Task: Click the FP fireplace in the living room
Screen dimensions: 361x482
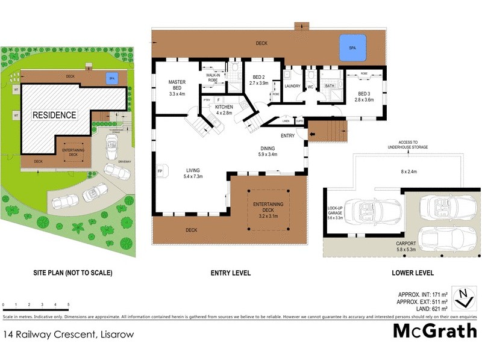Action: point(160,171)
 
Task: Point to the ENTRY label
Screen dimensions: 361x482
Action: point(287,135)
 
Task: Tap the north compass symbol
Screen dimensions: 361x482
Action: point(463,296)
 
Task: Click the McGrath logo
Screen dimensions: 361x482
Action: point(434,332)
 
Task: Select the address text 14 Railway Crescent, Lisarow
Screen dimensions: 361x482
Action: point(68,334)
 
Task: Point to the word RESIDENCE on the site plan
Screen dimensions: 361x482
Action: point(54,115)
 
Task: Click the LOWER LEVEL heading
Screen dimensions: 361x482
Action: point(413,273)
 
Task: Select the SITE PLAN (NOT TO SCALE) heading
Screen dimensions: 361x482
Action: point(72,273)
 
